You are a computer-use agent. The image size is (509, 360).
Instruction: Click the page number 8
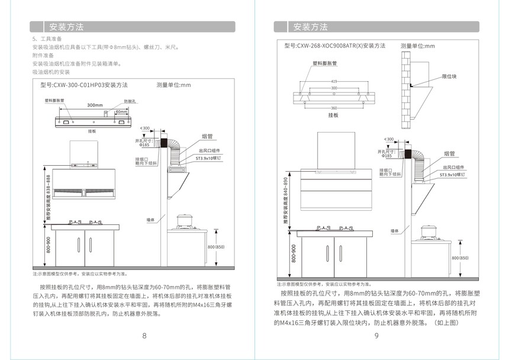(x=144, y=336)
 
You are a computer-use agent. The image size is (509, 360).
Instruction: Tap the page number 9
(x=376, y=336)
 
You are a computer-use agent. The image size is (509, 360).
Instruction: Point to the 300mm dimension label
(x=95, y=105)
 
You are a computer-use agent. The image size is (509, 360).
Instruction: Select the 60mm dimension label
(x=121, y=111)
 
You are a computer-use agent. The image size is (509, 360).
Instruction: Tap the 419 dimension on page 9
(x=334, y=81)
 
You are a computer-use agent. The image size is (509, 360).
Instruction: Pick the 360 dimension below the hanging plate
(x=334, y=108)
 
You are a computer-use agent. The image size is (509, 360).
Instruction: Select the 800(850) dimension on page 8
(x=217, y=247)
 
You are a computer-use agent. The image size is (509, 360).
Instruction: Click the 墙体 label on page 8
(x=151, y=220)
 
